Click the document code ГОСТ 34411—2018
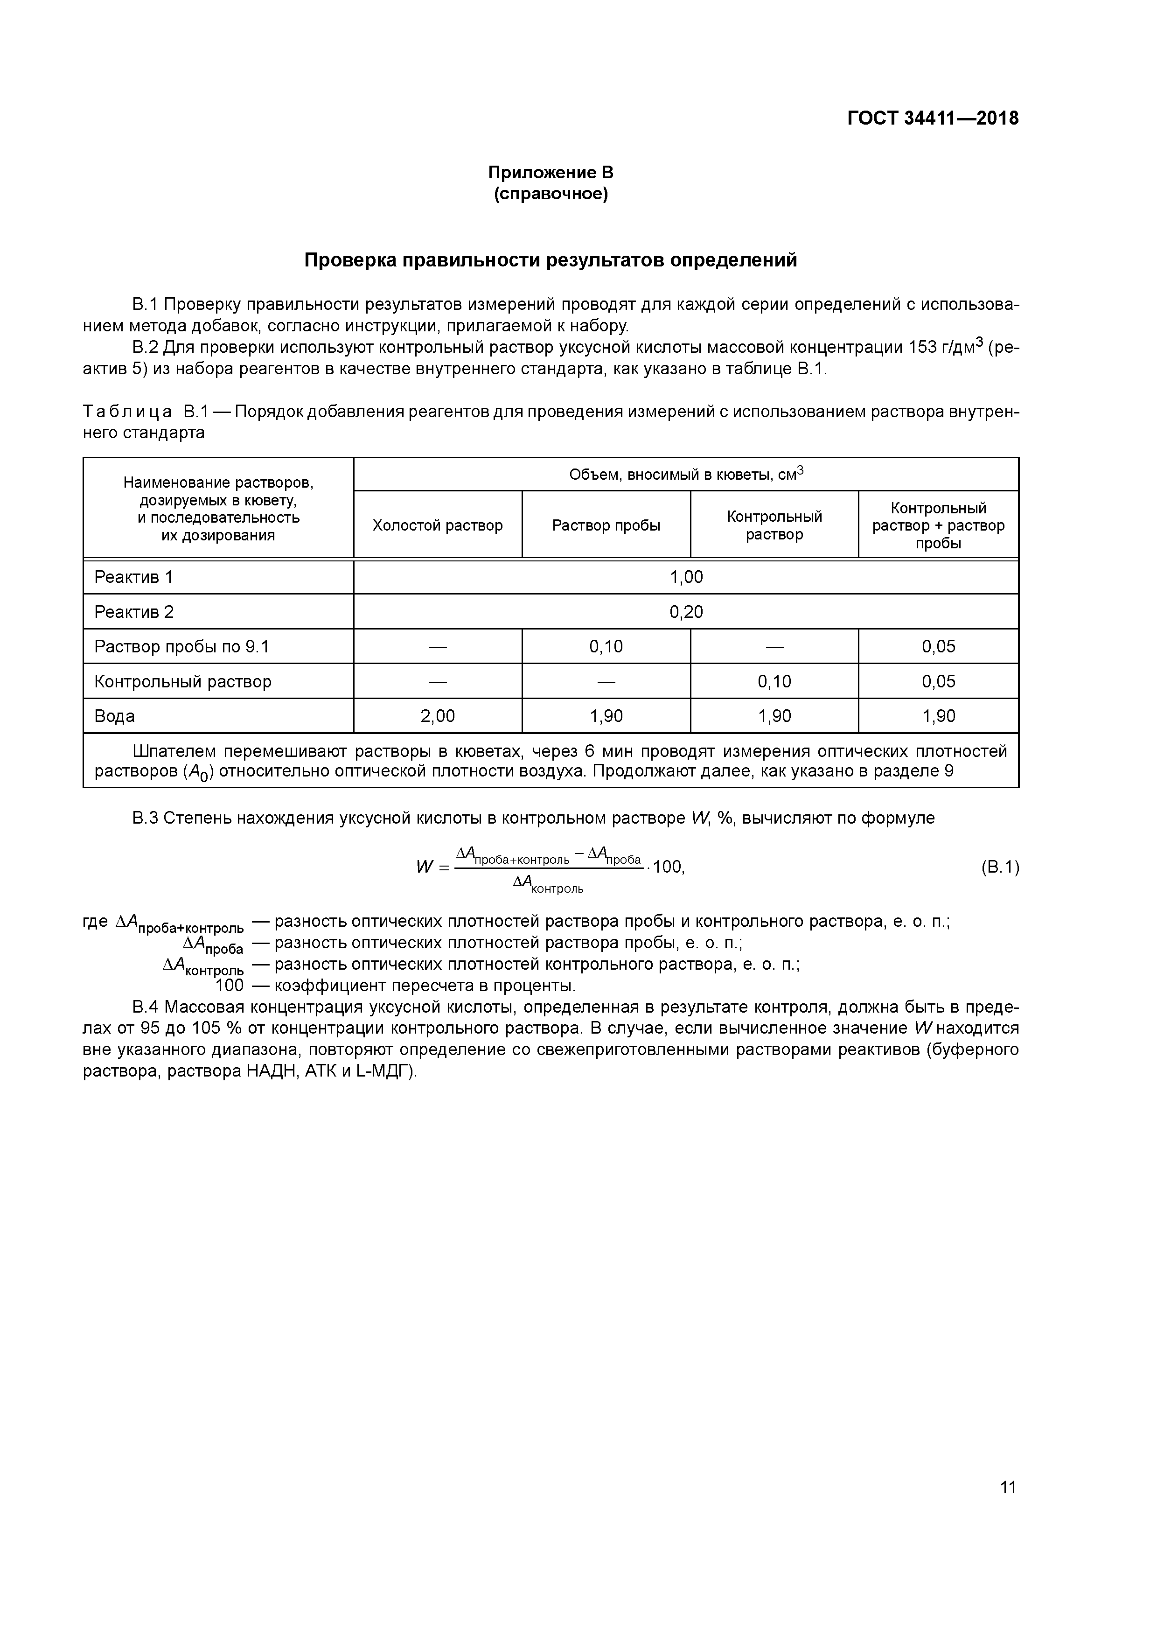[933, 119]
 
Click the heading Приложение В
[551, 173]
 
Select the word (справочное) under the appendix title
[551, 194]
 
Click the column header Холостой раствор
[437, 525]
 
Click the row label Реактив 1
[133, 577]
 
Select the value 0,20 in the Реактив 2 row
[686, 612]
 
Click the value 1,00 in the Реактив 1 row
[686, 577]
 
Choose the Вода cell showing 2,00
[437, 716]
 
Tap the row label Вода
[114, 716]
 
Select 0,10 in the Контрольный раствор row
[774, 682]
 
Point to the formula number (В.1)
[999, 867]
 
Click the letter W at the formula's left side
[425, 867]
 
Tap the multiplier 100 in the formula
[667, 867]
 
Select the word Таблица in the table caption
[127, 412]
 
